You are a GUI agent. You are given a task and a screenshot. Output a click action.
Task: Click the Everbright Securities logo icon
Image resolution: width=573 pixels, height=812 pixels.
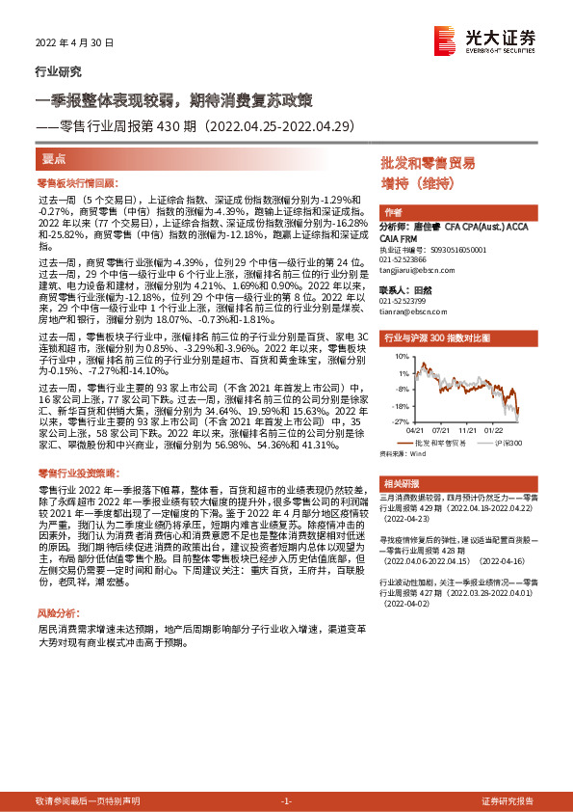tap(445, 40)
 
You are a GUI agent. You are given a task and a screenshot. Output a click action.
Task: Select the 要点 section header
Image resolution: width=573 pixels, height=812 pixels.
tap(54, 157)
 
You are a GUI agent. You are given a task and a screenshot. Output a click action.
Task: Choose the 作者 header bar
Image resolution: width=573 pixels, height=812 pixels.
tap(393, 212)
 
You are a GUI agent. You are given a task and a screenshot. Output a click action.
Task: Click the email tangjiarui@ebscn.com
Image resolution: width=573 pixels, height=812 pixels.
tap(411, 271)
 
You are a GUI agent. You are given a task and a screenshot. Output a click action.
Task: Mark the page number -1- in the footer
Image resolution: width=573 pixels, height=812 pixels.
tap(286, 801)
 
